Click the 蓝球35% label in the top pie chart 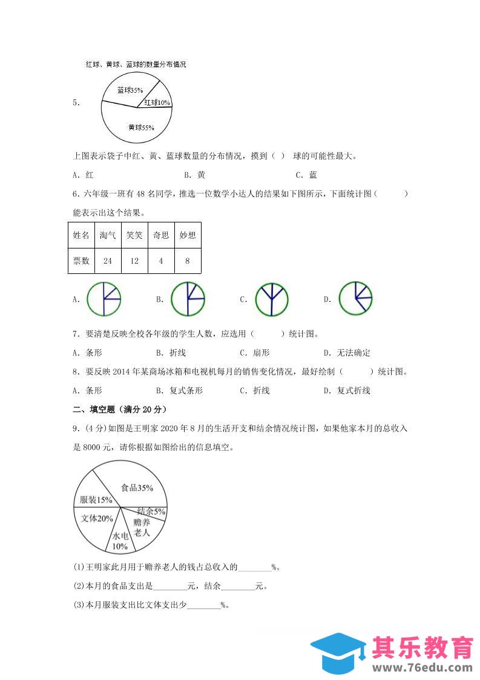pos(130,90)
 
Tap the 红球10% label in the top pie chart pos(157,103)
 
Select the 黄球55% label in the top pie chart pos(141,128)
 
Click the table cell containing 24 pos(108,261)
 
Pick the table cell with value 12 pos(134,261)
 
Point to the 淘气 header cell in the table pos(108,235)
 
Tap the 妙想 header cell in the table pos(188,235)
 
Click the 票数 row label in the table pos(81,261)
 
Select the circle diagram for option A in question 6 pos(104,299)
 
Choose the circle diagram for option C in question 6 pos(271,299)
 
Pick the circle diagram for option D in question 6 pos(355,299)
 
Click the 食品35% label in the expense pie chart pos(137,487)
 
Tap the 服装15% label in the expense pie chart pos(96,500)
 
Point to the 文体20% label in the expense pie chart pos(97,518)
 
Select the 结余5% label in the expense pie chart pos(151,512)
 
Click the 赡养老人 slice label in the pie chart pos(141,527)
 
